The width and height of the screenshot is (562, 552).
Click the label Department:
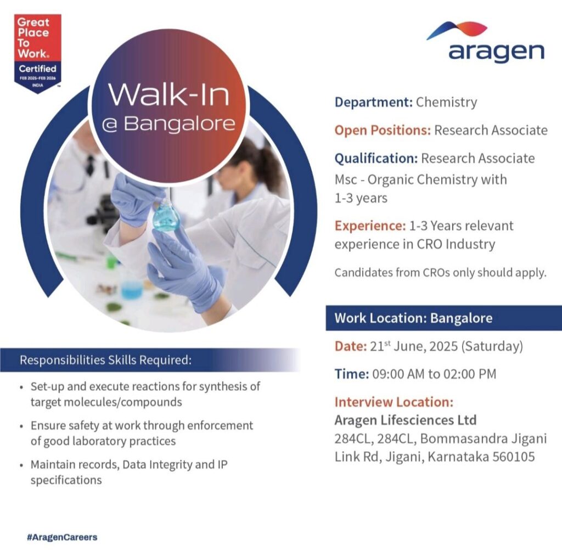(x=373, y=102)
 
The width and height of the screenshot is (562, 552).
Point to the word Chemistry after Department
(x=446, y=102)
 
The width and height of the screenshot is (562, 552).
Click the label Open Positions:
(x=383, y=131)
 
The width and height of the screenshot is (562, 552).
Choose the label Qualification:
(x=376, y=159)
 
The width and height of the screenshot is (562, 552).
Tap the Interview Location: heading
(x=394, y=402)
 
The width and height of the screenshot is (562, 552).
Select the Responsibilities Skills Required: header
(x=106, y=361)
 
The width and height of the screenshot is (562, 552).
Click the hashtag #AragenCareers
(x=61, y=537)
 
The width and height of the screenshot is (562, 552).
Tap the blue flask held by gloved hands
(x=166, y=217)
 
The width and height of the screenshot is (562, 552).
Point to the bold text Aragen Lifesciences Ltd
(x=406, y=421)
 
